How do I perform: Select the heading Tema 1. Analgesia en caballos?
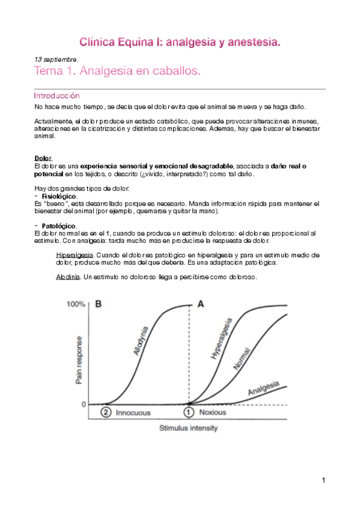[x=117, y=72]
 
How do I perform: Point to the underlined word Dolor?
[x=43, y=158]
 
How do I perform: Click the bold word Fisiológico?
[x=58, y=197]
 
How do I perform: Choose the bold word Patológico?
[x=58, y=226]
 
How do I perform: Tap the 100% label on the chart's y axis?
[x=76, y=305]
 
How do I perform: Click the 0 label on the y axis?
[x=84, y=404]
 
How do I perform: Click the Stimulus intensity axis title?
[x=188, y=428]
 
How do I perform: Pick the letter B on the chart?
[x=99, y=304]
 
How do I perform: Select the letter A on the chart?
[x=201, y=304]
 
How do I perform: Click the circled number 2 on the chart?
[x=106, y=413]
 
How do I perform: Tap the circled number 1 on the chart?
[x=189, y=413]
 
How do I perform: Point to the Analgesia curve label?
[x=264, y=390]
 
